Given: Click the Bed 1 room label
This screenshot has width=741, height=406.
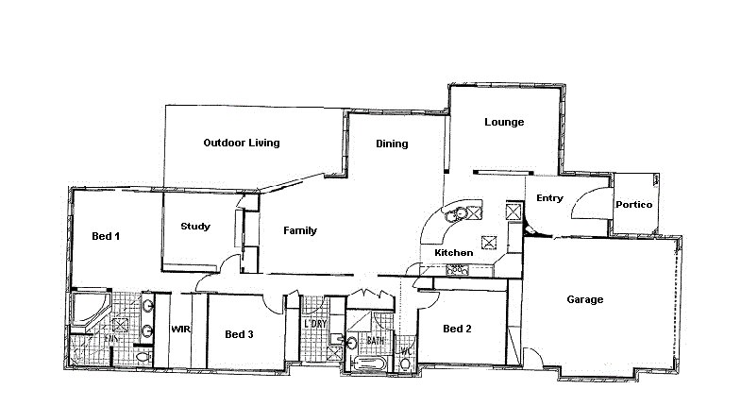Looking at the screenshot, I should tap(105, 236).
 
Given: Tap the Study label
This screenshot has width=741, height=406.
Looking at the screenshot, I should tap(195, 227).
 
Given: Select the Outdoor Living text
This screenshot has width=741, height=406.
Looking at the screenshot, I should tap(242, 144).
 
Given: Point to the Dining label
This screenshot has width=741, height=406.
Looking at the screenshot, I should tap(392, 144).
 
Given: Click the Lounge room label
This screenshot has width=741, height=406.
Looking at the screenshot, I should tap(504, 123).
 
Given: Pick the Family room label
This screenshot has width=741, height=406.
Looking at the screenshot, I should tap(300, 231).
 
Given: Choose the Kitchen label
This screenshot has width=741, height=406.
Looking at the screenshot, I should tap(453, 253).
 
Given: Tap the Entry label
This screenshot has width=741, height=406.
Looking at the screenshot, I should tap(549, 198).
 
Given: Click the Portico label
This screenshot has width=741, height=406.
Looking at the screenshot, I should tap(633, 205).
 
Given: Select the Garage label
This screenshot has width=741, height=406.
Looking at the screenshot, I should tap(584, 300).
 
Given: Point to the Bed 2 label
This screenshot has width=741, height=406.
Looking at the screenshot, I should tap(457, 330).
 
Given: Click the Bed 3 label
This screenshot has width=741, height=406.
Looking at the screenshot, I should tap(239, 334).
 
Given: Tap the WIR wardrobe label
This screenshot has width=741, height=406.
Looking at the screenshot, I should tap(181, 330).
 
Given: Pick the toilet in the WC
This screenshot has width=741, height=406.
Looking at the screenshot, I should tap(405, 364).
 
